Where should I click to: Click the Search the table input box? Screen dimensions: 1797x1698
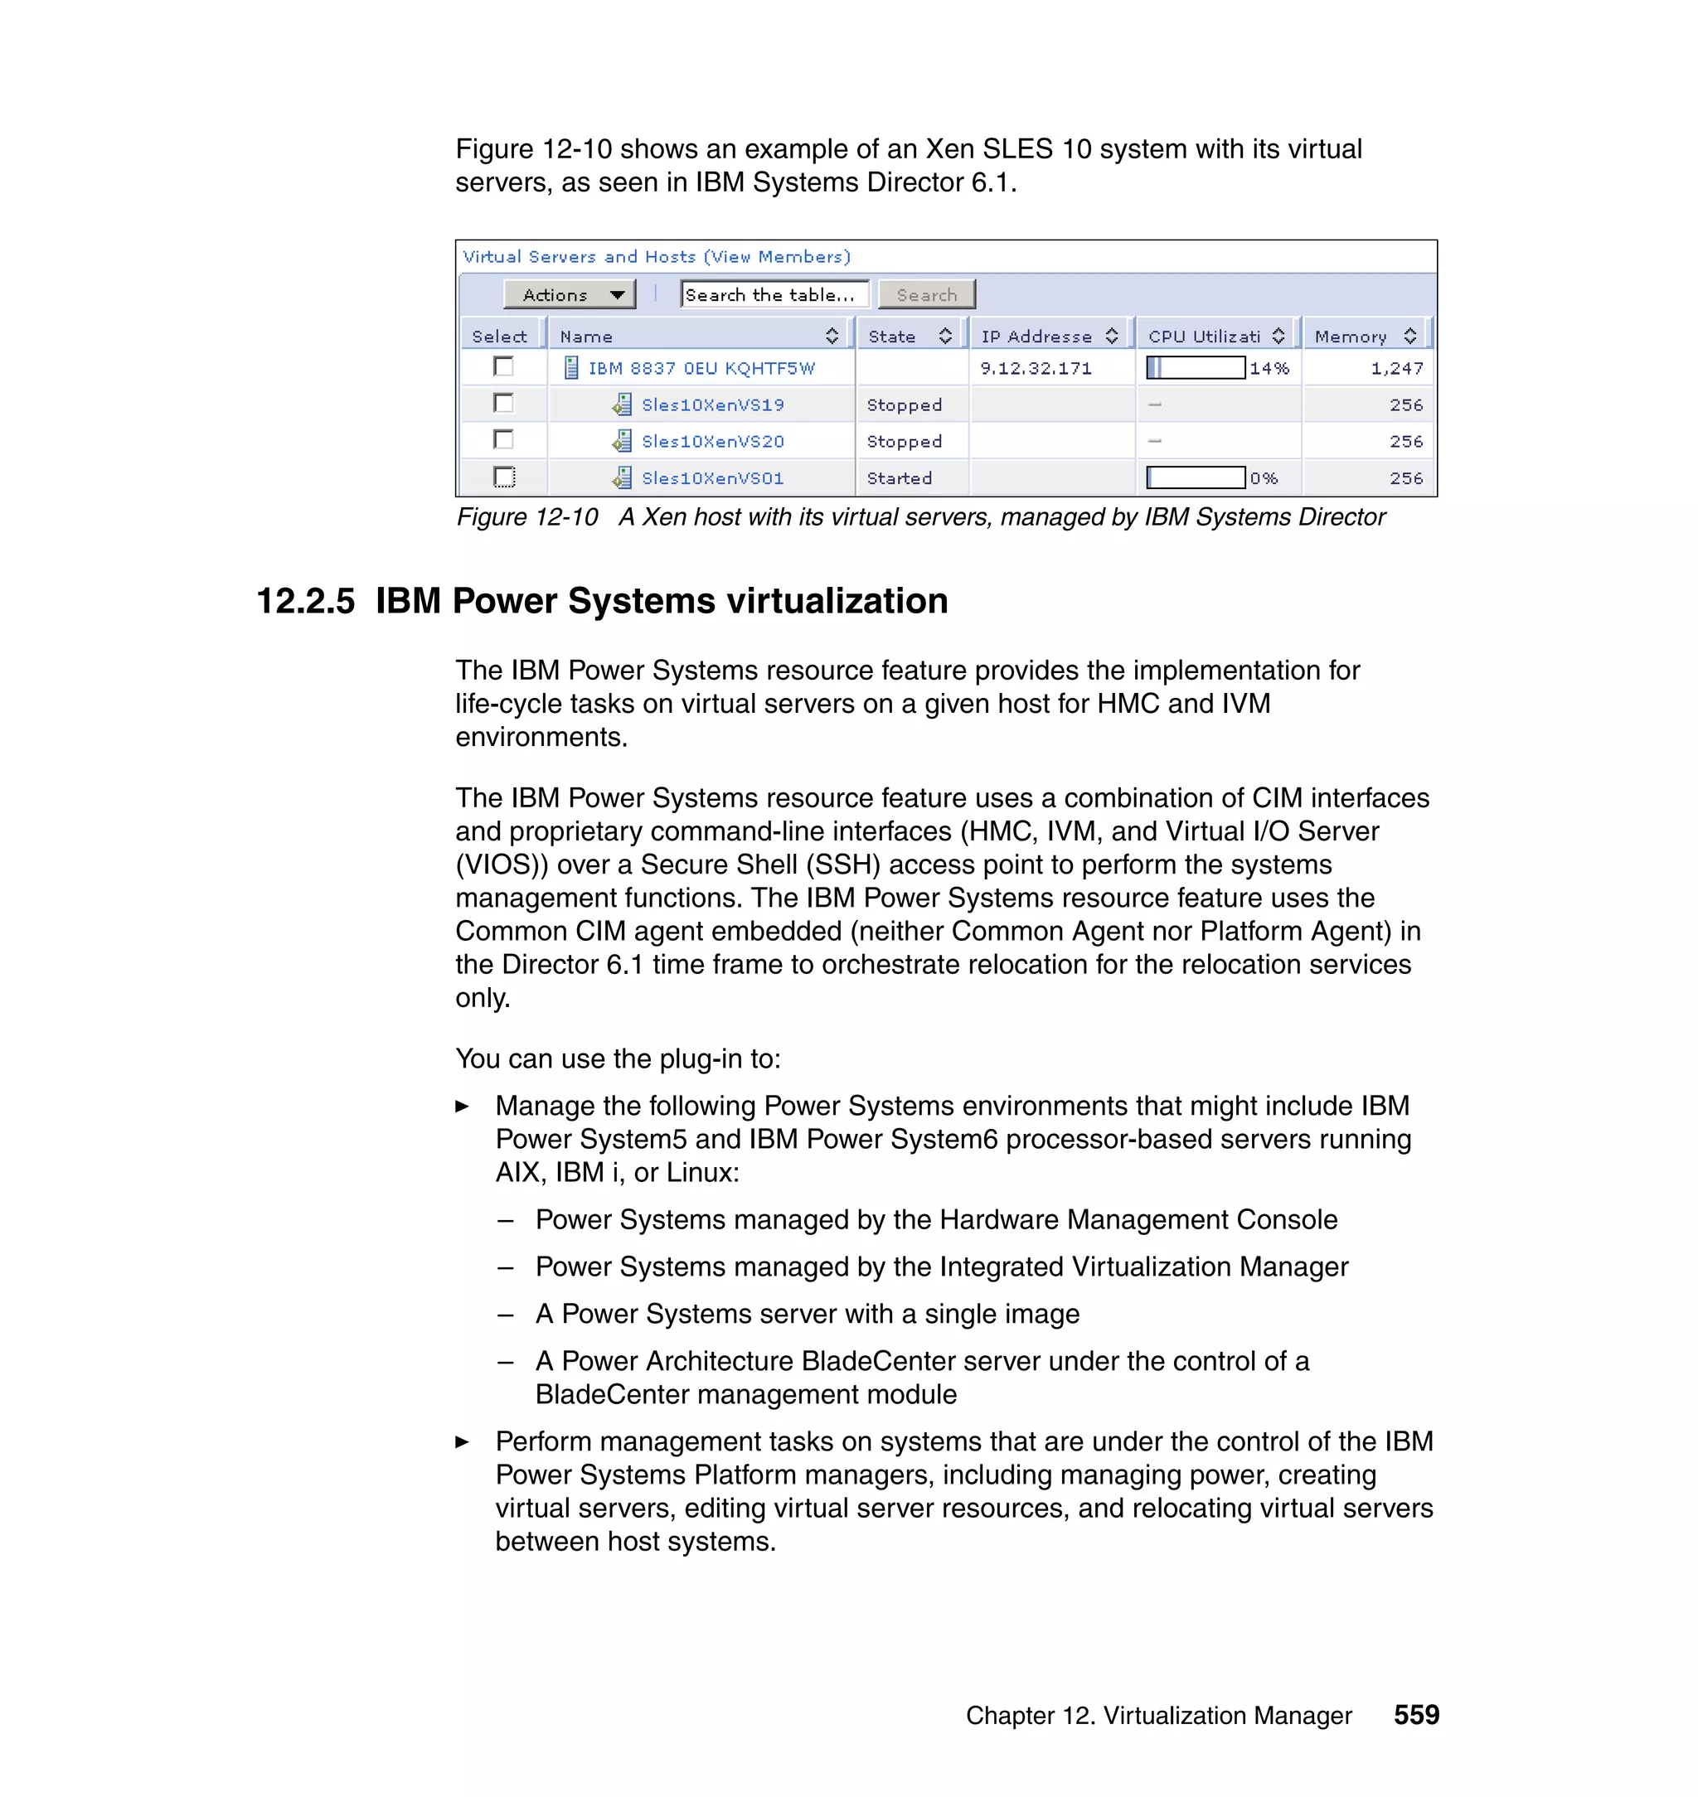point(774,295)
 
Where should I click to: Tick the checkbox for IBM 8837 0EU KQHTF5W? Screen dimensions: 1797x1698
point(504,366)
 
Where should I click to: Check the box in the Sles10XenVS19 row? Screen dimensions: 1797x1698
point(504,404)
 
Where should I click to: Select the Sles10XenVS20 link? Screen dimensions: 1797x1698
point(712,442)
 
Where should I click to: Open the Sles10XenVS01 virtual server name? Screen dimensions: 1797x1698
point(712,477)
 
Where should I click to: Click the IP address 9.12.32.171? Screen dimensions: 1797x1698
point(1036,368)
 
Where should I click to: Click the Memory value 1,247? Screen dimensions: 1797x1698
point(1396,368)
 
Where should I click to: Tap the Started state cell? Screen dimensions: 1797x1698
point(899,477)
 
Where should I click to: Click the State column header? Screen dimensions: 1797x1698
point(891,337)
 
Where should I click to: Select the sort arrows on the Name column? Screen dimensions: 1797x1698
point(832,337)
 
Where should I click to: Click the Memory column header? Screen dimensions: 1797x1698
point(1350,337)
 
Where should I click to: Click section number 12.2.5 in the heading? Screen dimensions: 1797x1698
point(306,601)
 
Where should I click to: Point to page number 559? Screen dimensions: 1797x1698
point(1415,1715)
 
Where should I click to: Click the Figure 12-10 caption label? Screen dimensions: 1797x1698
point(526,517)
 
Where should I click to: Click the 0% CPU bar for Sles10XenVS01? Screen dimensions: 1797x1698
point(1195,477)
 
